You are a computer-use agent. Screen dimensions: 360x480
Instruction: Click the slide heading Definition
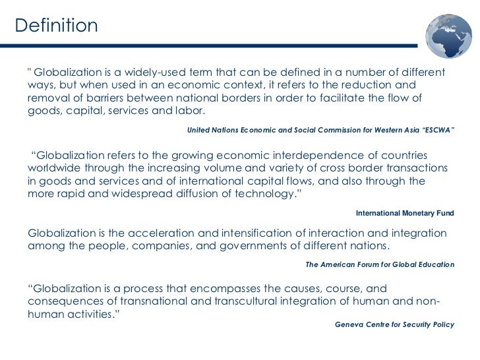(x=56, y=26)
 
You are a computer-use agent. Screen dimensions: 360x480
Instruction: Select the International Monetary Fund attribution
(x=405, y=213)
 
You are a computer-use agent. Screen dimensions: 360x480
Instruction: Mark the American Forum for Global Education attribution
(x=380, y=264)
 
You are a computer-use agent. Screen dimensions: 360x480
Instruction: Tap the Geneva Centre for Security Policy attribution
(x=394, y=325)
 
